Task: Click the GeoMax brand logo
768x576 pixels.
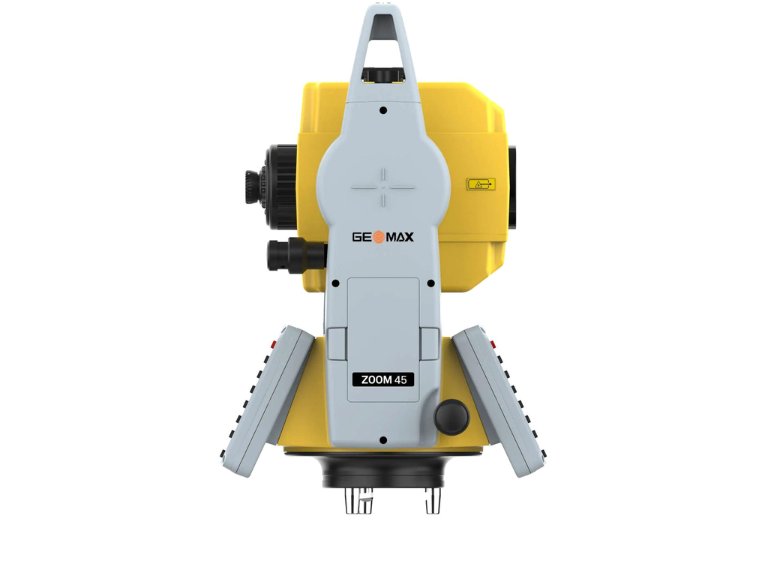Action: (x=383, y=237)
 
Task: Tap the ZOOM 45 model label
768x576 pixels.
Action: (x=383, y=379)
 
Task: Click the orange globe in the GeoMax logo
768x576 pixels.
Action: (x=379, y=237)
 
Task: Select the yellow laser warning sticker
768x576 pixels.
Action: (x=481, y=184)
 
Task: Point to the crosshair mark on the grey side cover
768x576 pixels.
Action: (x=383, y=187)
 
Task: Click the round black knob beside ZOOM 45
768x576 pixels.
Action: (x=451, y=417)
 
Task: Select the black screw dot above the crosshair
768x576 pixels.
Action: (x=383, y=110)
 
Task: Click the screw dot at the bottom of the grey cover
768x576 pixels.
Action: (x=383, y=440)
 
